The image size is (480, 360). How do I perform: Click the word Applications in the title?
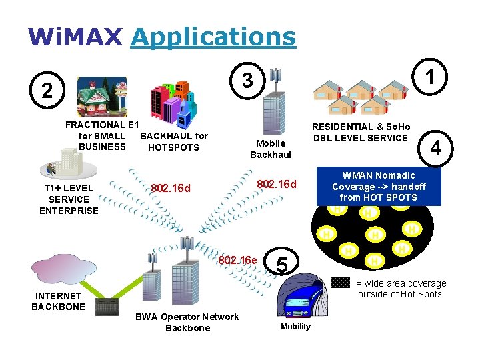point(213,37)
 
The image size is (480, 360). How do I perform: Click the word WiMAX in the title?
point(75,37)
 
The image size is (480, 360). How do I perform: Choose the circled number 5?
point(281,265)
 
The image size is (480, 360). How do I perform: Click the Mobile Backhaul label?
point(271,149)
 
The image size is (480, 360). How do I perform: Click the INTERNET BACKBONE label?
point(58,301)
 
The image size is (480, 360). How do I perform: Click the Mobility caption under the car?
point(295,327)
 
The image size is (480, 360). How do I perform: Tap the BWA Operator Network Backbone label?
point(187,322)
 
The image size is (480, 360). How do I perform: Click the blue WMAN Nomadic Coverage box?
point(378,187)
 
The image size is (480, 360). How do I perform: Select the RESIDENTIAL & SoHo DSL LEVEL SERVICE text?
point(362,132)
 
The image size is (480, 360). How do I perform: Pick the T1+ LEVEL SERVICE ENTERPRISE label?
point(69,199)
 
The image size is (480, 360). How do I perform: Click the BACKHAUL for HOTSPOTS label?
point(173,141)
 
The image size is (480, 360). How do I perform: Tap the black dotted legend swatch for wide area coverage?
point(341,283)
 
